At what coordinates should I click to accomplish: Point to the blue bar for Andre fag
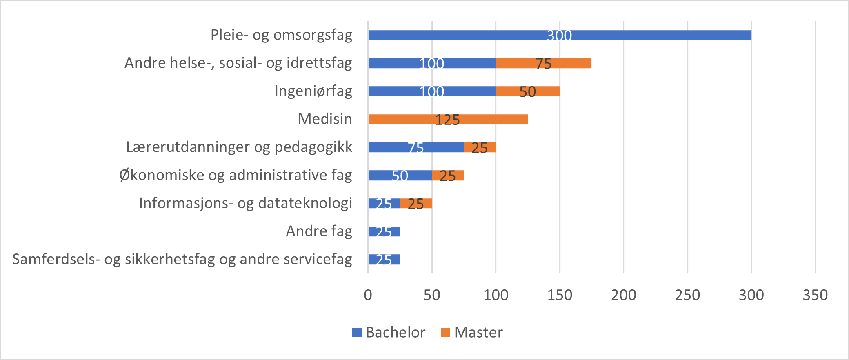click(x=384, y=231)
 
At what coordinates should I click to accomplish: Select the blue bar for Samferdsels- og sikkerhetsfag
click(x=384, y=260)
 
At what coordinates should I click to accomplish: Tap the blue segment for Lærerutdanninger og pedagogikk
click(x=392, y=147)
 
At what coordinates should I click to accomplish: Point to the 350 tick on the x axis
click(x=815, y=295)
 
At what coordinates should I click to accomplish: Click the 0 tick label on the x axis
click(x=368, y=295)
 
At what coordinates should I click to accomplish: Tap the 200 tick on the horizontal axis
click(x=623, y=295)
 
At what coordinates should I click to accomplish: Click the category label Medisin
click(x=325, y=119)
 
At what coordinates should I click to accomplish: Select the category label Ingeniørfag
click(x=313, y=91)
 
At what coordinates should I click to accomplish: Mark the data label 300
click(x=559, y=36)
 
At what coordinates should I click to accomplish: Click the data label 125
click(x=447, y=120)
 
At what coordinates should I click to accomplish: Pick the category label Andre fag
click(x=319, y=231)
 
